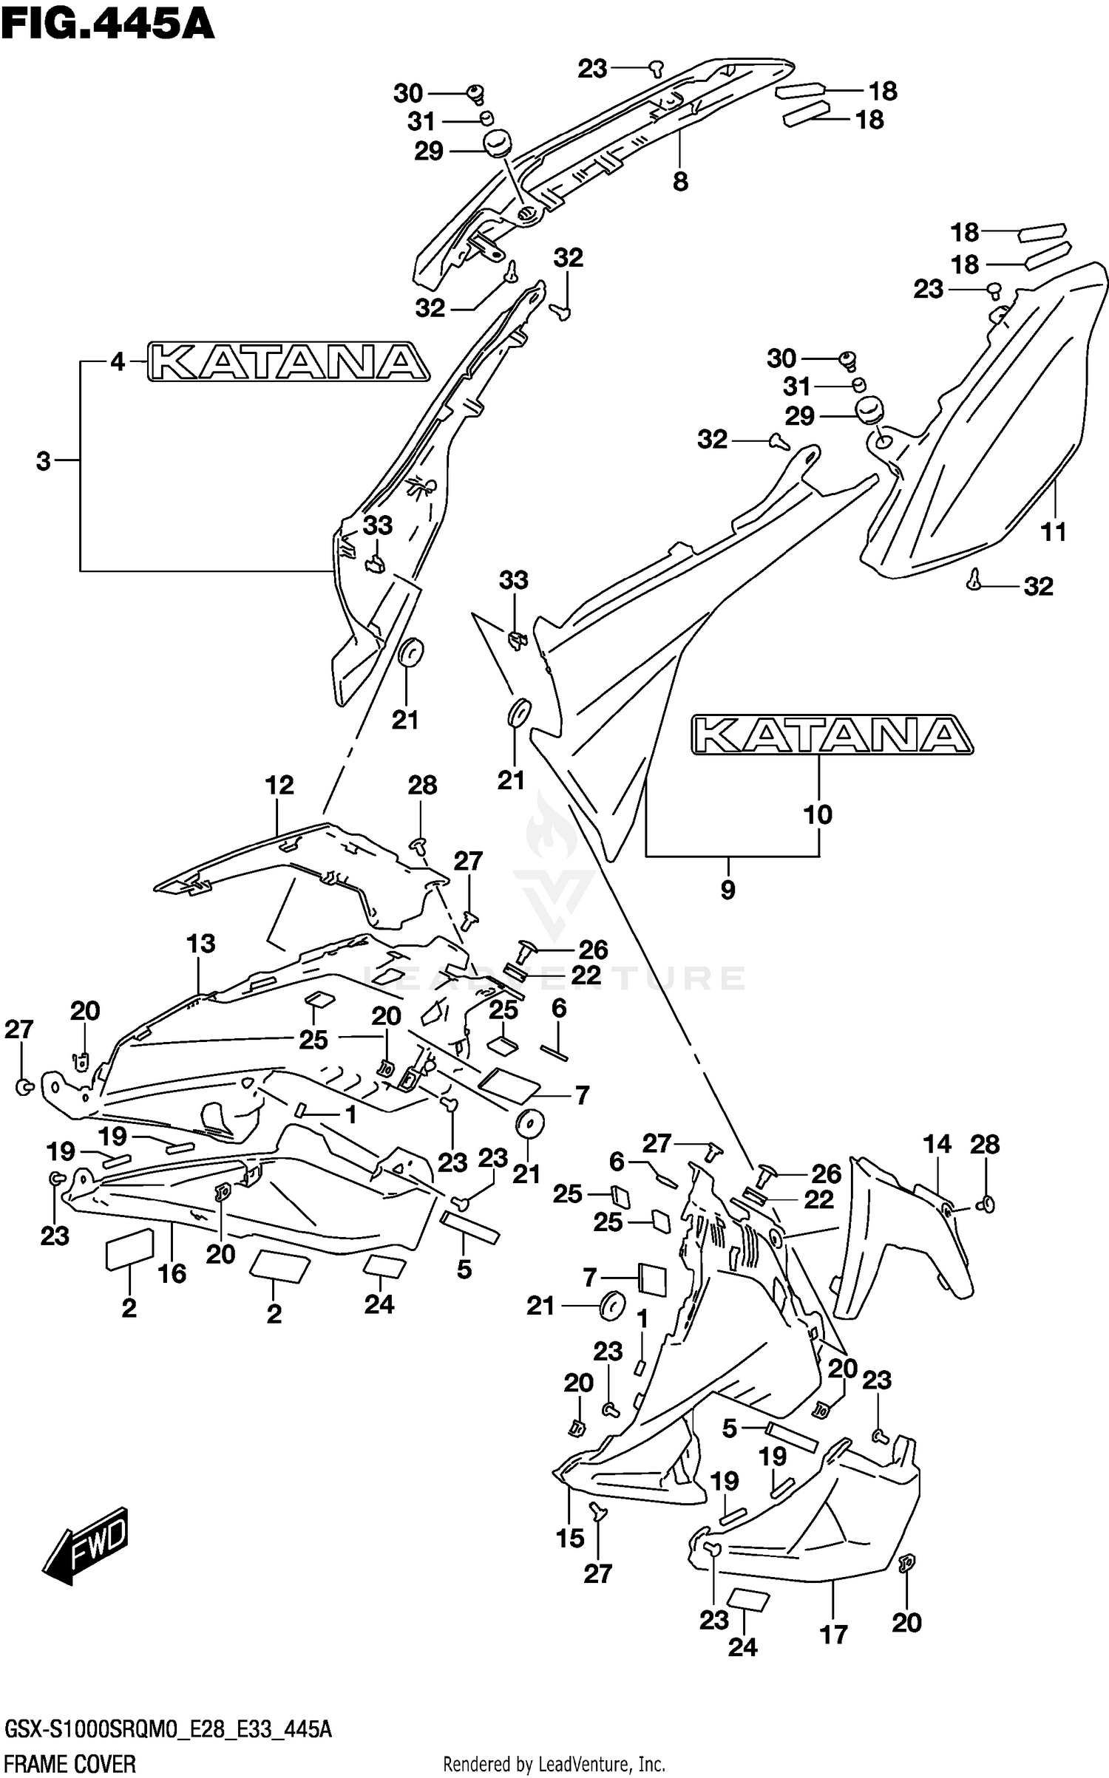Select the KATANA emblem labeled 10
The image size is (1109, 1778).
click(x=832, y=735)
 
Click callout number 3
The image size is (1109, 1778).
click(x=44, y=461)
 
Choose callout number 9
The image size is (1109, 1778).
click(x=728, y=890)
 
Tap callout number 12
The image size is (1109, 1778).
click(x=279, y=785)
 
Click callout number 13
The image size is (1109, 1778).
click(x=200, y=944)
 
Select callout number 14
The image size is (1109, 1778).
click(x=937, y=1144)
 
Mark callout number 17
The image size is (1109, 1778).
click(x=833, y=1635)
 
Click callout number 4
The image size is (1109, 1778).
click(x=118, y=362)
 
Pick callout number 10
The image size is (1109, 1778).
click(x=818, y=814)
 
